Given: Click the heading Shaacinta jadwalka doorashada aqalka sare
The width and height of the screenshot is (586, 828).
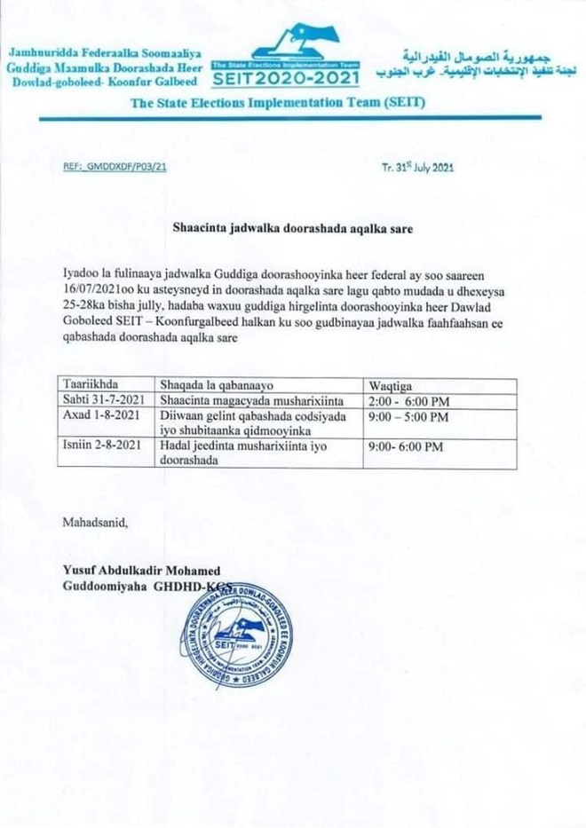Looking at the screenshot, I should [x=293, y=227].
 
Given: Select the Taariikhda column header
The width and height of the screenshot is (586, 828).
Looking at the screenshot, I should [x=92, y=384].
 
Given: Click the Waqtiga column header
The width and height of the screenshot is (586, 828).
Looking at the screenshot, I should [x=387, y=384].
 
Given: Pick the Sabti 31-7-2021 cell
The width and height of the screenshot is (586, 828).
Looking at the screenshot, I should [x=101, y=400].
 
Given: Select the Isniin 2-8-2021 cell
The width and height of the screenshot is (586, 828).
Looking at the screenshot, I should [x=101, y=446].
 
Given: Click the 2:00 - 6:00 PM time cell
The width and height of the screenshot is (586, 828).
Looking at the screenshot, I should [x=405, y=400].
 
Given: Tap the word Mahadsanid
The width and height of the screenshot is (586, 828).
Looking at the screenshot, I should [x=95, y=522].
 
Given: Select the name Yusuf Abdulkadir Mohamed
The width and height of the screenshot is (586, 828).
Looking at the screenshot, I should [x=141, y=570].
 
